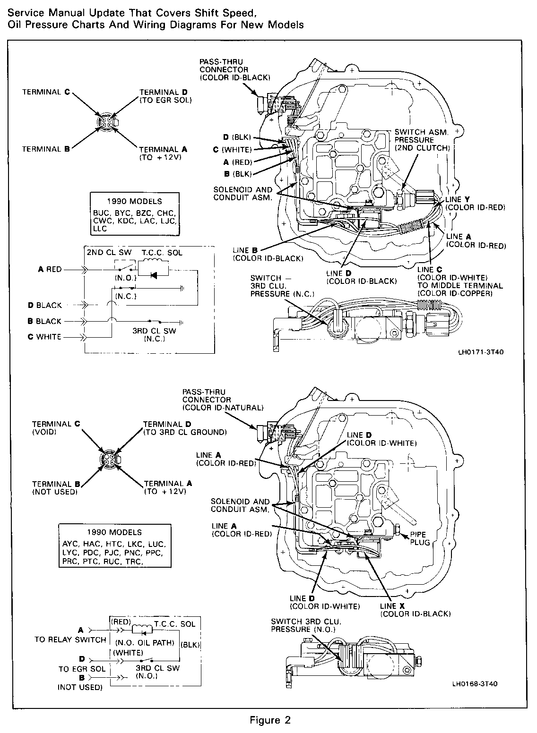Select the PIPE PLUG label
(420, 538)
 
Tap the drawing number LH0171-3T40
(477, 352)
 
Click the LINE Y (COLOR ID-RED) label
(475, 204)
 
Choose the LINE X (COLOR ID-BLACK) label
(415, 610)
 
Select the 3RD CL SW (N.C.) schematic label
(154, 335)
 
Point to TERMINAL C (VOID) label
(56, 428)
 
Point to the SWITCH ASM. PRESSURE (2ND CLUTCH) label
(421, 139)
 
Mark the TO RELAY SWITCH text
(70, 639)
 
